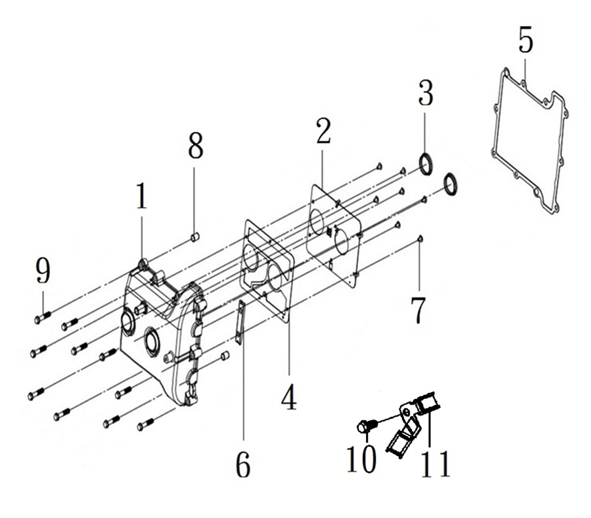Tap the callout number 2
pyautogui.click(x=323, y=132)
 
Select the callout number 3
pyautogui.click(x=425, y=93)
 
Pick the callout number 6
pyautogui.click(x=243, y=465)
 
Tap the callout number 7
pyautogui.click(x=417, y=310)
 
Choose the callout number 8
pyautogui.click(x=195, y=147)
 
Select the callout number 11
pyautogui.click(x=435, y=464)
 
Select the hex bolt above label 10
pyautogui.click(x=366, y=426)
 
